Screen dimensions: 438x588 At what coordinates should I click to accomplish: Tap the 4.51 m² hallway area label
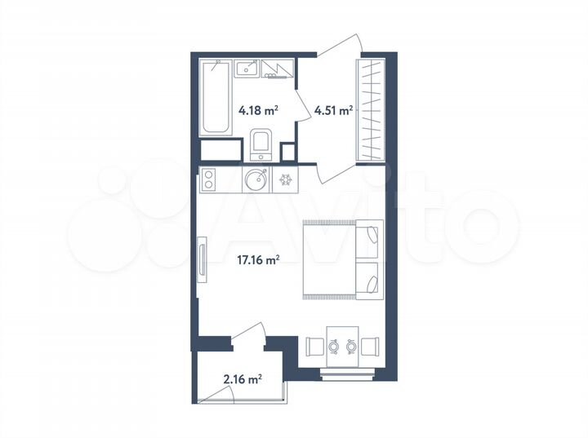coord(333,110)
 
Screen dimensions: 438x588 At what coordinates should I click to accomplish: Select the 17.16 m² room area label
coord(257,261)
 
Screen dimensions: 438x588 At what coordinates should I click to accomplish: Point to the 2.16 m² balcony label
coord(243,378)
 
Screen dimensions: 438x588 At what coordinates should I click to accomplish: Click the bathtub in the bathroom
coord(215,97)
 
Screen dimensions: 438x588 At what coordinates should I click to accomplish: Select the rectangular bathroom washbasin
coord(247,69)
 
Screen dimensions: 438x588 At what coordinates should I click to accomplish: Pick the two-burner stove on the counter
coord(209,179)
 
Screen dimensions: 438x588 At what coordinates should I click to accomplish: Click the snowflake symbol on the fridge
coord(286,179)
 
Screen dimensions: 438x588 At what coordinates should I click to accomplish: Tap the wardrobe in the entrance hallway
coord(372,109)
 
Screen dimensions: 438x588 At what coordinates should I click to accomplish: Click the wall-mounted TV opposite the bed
coord(201,259)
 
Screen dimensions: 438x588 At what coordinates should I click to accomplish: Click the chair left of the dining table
coord(315,346)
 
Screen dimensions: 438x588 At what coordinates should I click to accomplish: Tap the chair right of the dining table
coord(371,346)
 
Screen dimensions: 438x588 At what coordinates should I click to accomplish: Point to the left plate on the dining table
coord(334,346)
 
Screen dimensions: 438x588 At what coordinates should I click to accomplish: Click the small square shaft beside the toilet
coord(287,153)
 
